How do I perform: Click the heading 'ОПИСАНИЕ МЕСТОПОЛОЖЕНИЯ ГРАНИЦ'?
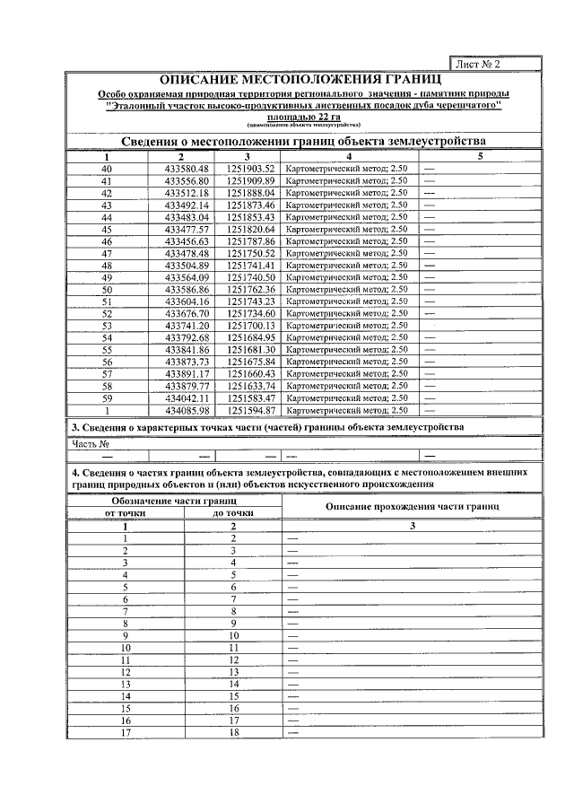coord(303,80)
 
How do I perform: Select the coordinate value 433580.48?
coord(187,169)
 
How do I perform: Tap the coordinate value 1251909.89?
coord(250,180)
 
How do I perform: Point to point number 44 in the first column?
coord(108,217)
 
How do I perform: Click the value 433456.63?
coord(187,241)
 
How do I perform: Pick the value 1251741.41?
coord(250,266)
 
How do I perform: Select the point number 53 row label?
coord(108,326)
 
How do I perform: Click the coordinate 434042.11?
coord(187,397)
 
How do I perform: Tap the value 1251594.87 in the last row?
coord(250,410)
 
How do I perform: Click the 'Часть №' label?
coord(91,443)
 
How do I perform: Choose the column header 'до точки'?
coord(232,512)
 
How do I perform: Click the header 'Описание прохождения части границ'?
coord(412,506)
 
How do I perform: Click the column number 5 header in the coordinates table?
coord(480,156)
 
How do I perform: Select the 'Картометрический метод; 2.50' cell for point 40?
coord(345,169)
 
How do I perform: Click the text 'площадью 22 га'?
coord(303,117)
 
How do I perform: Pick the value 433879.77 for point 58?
coord(187,386)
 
